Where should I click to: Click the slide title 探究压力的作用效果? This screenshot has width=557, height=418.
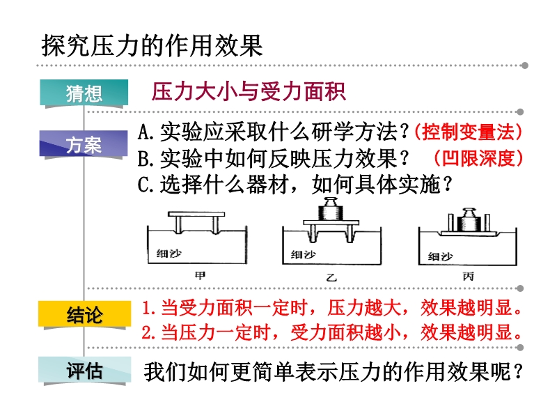tap(152, 45)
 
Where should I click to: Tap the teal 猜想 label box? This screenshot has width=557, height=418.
tap(84, 93)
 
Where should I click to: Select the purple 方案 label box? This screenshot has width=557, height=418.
tap(84, 144)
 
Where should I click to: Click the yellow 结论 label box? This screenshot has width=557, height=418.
tap(84, 314)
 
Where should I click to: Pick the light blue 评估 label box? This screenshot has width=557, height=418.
tap(84, 371)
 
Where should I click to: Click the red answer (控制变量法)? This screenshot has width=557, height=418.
tap(468, 132)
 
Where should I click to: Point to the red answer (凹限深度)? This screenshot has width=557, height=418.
tap(478, 158)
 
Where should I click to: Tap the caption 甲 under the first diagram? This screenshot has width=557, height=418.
tap(200, 275)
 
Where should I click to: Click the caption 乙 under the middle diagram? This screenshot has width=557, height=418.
tap(331, 277)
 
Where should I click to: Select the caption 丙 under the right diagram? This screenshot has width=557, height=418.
tap(468, 276)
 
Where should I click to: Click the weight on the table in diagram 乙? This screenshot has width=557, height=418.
tap(331, 209)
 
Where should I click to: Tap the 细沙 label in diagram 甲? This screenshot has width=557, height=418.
tap(169, 254)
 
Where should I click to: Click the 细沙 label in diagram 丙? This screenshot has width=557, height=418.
tap(441, 256)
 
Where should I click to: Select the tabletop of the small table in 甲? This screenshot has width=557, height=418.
tap(196, 215)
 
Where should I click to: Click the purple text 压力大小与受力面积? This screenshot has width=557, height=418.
tap(249, 92)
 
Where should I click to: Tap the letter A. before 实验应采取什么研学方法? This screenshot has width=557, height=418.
tap(146, 132)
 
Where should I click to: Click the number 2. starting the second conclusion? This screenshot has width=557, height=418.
tap(149, 333)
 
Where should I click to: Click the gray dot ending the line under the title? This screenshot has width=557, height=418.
tap(524, 65)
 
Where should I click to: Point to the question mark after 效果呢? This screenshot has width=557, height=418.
tap(518, 371)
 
